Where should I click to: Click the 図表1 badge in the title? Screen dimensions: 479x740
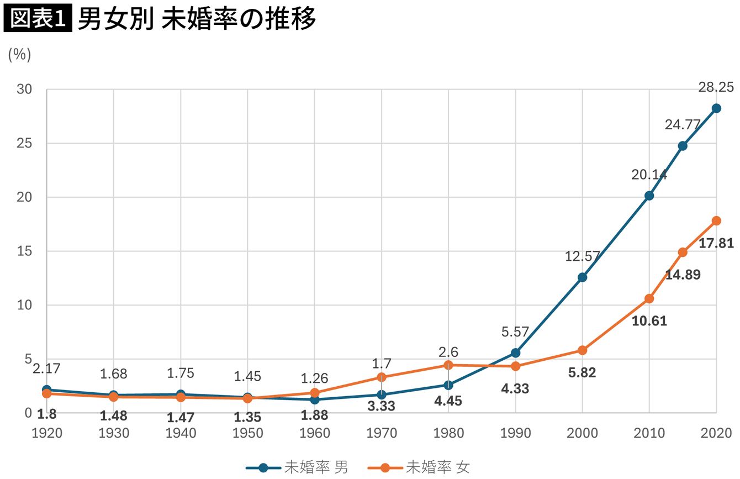[38, 19]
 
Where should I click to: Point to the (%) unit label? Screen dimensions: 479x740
[20, 55]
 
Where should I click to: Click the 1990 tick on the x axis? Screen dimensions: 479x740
[515, 433]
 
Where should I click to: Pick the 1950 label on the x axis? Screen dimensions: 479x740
[247, 433]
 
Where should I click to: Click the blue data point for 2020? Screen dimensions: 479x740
[716, 108]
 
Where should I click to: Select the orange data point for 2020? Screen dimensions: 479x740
[716, 221]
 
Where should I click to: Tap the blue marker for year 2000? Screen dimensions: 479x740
[582, 277]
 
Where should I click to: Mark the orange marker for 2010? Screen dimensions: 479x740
[649, 299]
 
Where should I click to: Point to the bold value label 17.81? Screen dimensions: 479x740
[716, 243]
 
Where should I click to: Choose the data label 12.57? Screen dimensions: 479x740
[582, 256]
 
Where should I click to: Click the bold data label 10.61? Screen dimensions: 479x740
[649, 321]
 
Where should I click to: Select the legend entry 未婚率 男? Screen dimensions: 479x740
[298, 467]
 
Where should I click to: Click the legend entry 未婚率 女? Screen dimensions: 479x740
[420, 467]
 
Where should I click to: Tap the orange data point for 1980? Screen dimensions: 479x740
[448, 365]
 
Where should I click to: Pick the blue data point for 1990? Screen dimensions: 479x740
[515, 353]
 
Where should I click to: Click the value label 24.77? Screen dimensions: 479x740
[683, 125]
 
